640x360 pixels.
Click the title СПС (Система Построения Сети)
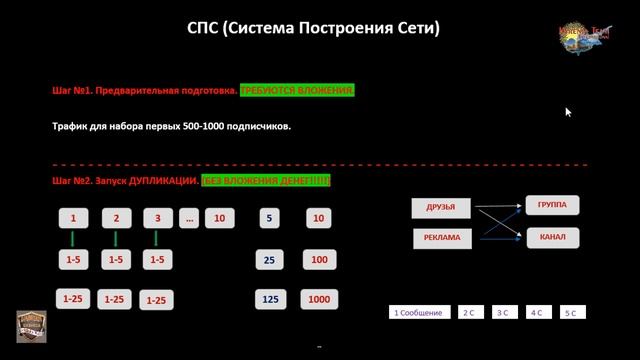[x=313, y=27]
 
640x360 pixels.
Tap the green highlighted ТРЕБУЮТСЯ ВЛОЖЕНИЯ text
[x=297, y=90]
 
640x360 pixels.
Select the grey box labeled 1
[x=73, y=218]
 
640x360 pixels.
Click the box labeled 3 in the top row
[x=158, y=218]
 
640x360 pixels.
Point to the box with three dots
[x=189, y=218]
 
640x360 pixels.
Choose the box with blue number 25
[x=269, y=260]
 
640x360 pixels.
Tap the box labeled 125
[x=269, y=299]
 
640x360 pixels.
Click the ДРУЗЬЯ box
[x=441, y=207]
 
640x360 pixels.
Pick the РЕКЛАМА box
[x=441, y=238]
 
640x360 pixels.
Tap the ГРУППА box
[x=552, y=204]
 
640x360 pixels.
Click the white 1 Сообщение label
[x=418, y=313]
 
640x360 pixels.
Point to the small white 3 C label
[x=503, y=313]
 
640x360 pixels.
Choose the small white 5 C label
[x=572, y=313]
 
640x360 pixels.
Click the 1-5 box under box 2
[x=116, y=260]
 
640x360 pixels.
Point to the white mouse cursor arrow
[x=568, y=112]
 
